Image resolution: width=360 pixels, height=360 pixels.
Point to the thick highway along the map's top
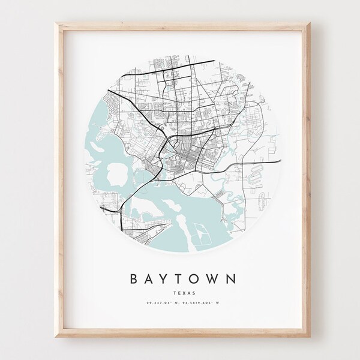click(x=180, y=58)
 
